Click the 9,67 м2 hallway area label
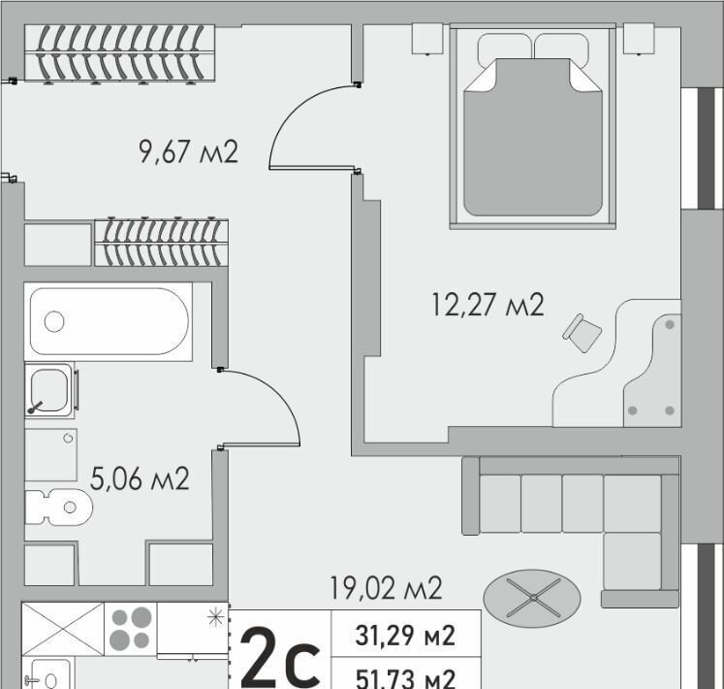click(x=188, y=151)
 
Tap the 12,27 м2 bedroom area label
click(x=488, y=305)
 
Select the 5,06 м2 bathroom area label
click(x=140, y=478)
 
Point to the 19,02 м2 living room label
click(x=386, y=588)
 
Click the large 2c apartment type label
click(x=280, y=655)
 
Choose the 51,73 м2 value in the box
click(x=405, y=678)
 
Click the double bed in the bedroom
click(x=533, y=126)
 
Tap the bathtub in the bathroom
click(x=109, y=321)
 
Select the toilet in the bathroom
click(x=58, y=508)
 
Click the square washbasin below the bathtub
click(x=49, y=390)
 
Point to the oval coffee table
click(x=532, y=598)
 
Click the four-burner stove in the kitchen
click(x=131, y=628)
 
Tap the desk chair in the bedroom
click(x=582, y=333)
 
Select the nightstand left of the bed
click(x=427, y=39)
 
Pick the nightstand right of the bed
click(x=639, y=39)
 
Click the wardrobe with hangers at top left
click(x=119, y=53)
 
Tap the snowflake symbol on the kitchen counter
click(x=215, y=617)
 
